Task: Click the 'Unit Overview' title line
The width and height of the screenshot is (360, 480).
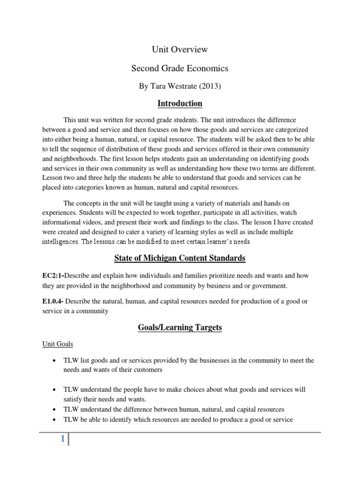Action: (180, 49)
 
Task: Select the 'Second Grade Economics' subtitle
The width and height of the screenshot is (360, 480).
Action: (180, 68)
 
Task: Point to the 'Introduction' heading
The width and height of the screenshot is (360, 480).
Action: (180, 103)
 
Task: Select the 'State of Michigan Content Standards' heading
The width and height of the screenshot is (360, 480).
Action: (180, 258)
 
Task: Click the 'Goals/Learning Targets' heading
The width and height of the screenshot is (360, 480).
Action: (180, 328)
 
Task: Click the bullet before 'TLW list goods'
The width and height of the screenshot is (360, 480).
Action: (56, 361)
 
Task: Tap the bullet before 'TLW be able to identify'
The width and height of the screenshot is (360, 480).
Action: (56, 420)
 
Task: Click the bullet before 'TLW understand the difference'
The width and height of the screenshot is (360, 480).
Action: (56, 410)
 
